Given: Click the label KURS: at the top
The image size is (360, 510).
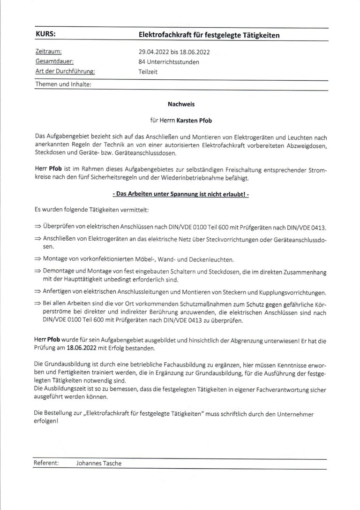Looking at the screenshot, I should pos(46,34).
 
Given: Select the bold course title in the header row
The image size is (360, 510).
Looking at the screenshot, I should pos(210,35).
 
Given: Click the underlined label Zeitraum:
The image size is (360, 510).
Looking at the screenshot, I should pos(49,52).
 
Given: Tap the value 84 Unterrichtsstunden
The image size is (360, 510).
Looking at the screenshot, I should pos(169,62).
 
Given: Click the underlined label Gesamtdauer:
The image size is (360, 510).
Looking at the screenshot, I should pos(54,62).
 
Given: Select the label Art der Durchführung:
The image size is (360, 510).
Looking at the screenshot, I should pos(65,72).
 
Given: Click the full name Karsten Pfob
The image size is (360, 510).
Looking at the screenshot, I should pos(195,121).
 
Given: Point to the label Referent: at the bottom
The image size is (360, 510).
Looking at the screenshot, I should pos(46,463).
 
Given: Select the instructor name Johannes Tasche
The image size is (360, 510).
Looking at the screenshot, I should pos(98,463).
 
